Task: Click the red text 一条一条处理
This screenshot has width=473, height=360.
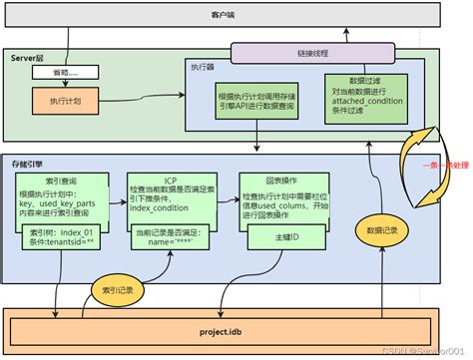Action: [445, 163]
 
